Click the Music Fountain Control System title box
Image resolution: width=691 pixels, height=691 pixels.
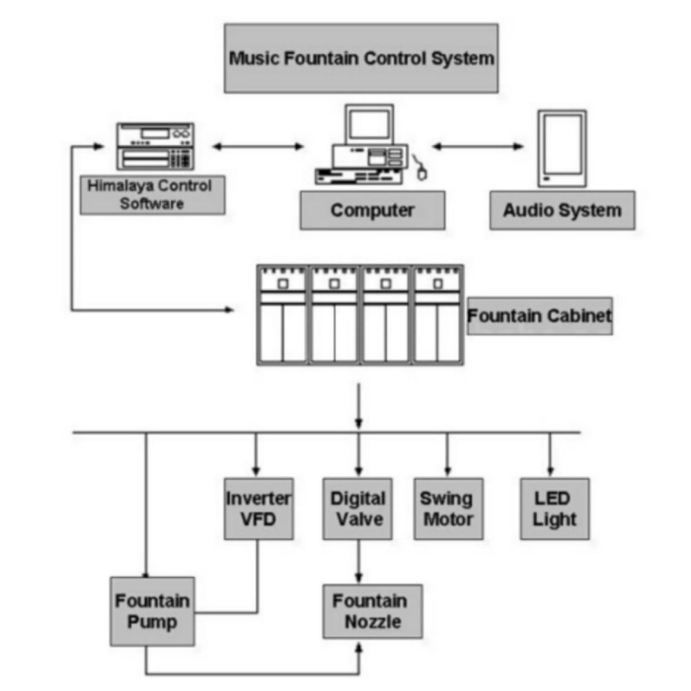point(361,58)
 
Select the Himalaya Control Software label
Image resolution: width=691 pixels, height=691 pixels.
point(152,194)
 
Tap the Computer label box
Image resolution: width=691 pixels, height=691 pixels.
point(372,210)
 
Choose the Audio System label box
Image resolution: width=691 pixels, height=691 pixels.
point(562,210)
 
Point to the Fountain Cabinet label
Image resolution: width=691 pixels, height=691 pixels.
point(539,316)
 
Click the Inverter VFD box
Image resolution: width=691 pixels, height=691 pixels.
point(258,509)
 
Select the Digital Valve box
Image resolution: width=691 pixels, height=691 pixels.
point(357,509)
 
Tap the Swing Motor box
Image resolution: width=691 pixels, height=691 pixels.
point(447,509)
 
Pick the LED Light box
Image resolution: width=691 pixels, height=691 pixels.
point(554,509)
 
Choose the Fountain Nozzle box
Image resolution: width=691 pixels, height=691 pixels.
point(372,611)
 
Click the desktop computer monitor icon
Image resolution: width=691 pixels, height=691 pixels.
point(369,124)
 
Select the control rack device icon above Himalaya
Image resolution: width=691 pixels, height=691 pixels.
point(155,146)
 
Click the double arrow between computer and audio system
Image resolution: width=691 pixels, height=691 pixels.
point(477,146)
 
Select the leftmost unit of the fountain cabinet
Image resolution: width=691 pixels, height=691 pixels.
point(282,314)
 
